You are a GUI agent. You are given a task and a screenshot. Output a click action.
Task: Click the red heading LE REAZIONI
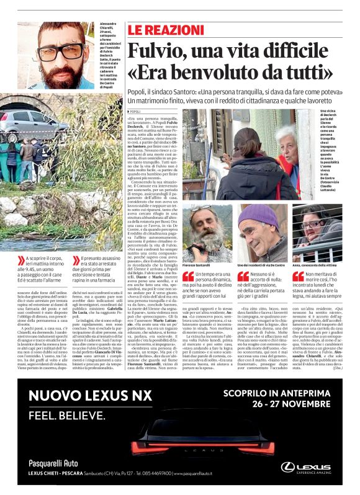pos(161,29)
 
